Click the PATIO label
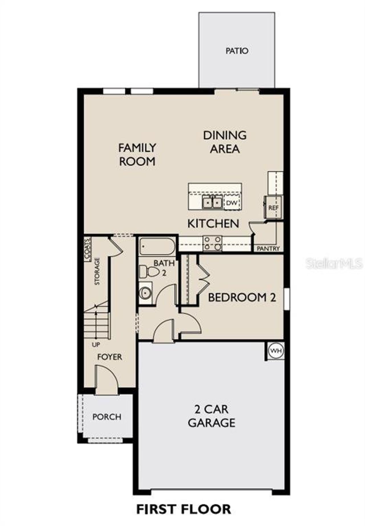(237, 51)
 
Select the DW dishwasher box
(232, 203)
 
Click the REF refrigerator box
(273, 207)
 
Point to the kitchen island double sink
(212, 203)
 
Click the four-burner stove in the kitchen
(212, 244)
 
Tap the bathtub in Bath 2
(157, 246)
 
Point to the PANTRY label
(268, 249)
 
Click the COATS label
(88, 249)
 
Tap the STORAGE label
(97, 271)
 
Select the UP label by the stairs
(96, 345)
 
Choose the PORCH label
(107, 417)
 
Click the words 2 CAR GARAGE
(212, 416)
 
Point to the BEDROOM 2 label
(242, 297)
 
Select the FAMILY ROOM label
(137, 155)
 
